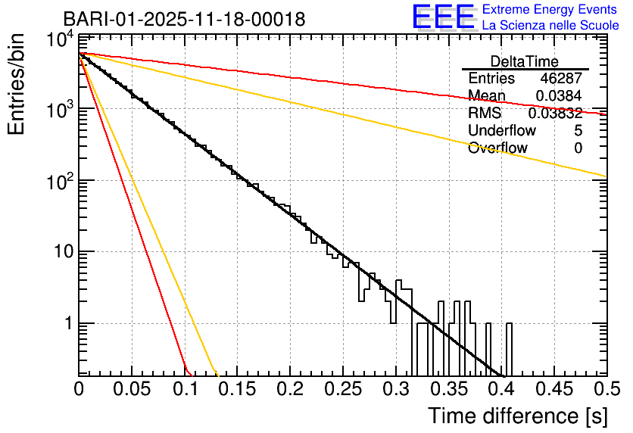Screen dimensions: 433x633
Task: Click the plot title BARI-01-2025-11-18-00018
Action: tap(184, 19)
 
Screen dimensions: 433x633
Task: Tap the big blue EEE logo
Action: tap(443, 18)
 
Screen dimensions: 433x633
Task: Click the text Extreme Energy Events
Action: tap(550, 10)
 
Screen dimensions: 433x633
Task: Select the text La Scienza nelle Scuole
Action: tap(550, 26)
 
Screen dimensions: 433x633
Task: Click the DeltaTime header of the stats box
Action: tap(525, 61)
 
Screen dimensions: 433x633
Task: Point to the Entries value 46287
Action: tap(561, 79)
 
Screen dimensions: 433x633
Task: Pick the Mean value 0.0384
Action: tap(559, 96)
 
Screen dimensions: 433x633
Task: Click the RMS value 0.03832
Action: tap(555, 114)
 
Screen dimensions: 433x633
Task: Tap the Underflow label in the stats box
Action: tap(502, 131)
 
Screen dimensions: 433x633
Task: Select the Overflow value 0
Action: tap(578, 148)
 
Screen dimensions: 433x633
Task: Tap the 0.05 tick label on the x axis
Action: tap(132, 388)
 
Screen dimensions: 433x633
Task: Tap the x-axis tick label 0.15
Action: tap(237, 388)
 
